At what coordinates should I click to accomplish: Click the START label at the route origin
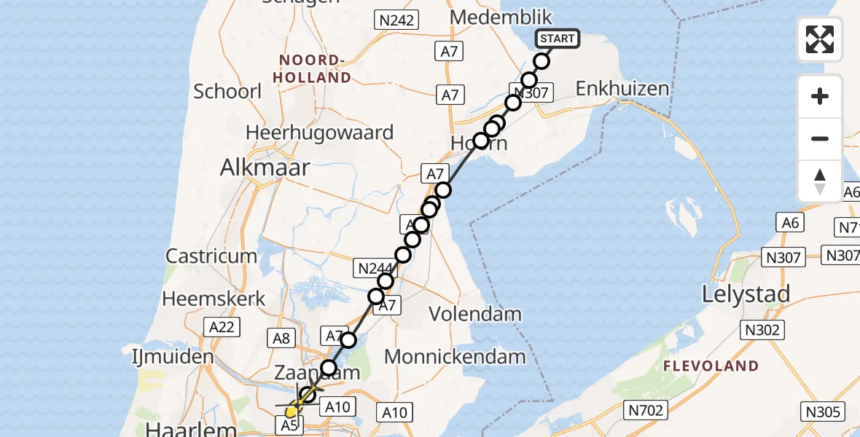tap(558, 39)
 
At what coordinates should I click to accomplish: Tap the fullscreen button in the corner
tap(820, 39)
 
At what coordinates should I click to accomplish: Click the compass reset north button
tap(820, 181)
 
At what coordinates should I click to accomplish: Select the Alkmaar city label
tap(265, 168)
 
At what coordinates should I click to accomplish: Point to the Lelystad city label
tap(746, 294)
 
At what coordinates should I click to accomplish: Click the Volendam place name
tap(475, 315)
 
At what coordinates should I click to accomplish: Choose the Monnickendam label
tap(455, 357)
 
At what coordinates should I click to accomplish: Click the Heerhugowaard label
tap(319, 133)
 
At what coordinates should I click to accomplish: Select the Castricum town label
tap(211, 256)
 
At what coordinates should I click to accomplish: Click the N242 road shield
tap(396, 21)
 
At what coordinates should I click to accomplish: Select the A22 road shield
tap(222, 327)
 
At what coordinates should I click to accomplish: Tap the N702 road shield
tap(646, 411)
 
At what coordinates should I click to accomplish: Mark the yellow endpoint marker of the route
tap(291, 412)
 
